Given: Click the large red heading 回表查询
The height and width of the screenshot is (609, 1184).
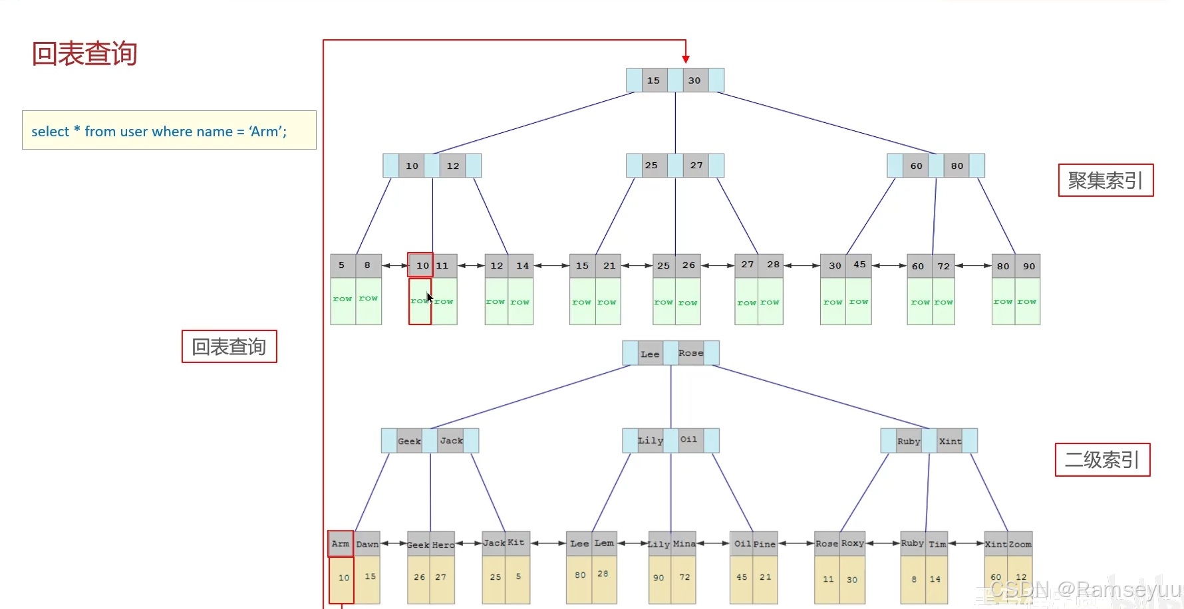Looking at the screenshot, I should click(84, 54).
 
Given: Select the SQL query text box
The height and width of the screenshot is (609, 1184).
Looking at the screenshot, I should click(169, 130).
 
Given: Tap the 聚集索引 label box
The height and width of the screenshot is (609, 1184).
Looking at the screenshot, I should click(1106, 180).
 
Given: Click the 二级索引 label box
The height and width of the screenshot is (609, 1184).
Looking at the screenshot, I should click(1102, 459).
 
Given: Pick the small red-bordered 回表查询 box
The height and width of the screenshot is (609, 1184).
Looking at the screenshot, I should click(229, 346).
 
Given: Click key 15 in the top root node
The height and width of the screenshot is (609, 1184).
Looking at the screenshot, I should click(653, 80).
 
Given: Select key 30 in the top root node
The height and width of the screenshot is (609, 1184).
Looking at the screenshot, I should click(694, 80).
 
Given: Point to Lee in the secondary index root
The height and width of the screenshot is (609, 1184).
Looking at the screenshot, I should click(650, 354).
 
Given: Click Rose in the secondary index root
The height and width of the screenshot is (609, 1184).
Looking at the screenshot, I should click(690, 353).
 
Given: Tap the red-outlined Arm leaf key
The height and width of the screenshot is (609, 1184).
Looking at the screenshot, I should click(341, 544).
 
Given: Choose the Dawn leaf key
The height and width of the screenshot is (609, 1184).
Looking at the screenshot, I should click(367, 544).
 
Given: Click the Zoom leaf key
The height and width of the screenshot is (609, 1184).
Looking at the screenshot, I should click(1020, 544).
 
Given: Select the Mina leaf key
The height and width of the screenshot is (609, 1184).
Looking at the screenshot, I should click(684, 544).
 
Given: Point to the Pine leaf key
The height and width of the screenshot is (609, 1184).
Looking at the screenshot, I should click(764, 544).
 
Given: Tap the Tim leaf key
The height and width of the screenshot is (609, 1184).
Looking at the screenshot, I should click(937, 544).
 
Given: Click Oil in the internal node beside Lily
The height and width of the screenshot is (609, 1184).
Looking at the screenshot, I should click(689, 439).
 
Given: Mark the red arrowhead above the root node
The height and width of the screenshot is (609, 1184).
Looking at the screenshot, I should click(686, 59).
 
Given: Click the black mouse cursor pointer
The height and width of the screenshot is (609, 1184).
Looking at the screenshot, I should click(430, 297).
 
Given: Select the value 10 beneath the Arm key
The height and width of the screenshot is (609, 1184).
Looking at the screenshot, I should click(343, 578).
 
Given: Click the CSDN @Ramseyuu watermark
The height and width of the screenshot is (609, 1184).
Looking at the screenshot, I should click(1086, 589).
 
